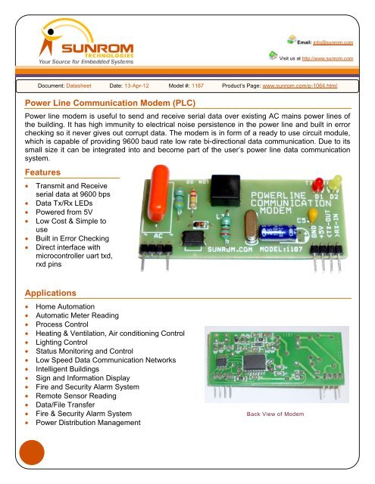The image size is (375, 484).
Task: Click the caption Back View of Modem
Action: [275, 414]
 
